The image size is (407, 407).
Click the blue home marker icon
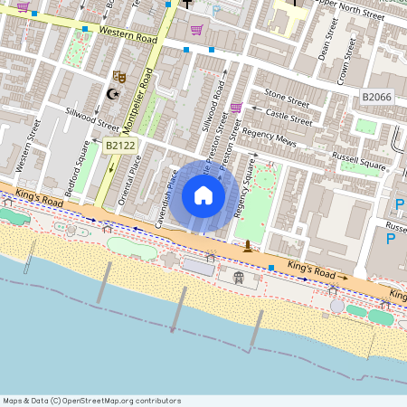coord(203,195)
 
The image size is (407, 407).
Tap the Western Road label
coord(128,34)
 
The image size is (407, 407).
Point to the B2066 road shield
coord(375,96)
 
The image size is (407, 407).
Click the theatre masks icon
coord(118,78)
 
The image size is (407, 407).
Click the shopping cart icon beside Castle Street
coord(236,108)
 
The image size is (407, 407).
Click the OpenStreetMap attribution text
coord(90,401)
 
